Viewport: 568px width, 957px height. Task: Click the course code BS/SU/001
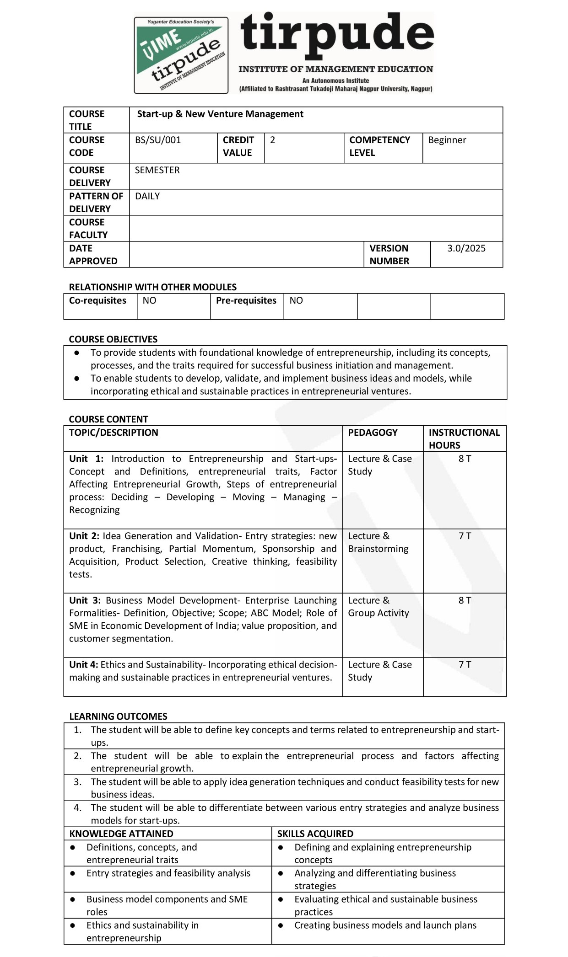coord(158,140)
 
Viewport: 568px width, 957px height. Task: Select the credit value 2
coord(273,140)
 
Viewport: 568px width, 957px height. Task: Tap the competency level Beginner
coord(447,140)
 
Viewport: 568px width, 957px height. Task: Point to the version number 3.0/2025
coord(466,248)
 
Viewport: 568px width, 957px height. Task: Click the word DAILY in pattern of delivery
coord(147,196)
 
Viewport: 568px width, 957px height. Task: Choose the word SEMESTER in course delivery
coord(157,170)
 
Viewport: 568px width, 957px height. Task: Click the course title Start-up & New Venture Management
coord(220,114)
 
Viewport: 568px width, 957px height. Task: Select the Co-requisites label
coord(97,300)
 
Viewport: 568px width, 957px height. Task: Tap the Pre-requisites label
coord(246,300)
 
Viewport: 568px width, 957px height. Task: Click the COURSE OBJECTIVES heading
coord(113,339)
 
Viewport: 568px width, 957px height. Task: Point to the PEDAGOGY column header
coord(373,433)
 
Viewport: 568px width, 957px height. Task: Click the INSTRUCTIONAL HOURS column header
coord(464,438)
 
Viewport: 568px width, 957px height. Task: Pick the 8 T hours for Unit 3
coord(465,600)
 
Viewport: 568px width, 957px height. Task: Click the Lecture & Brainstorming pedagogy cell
coord(378,542)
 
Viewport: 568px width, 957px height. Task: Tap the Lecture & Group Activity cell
coord(379,607)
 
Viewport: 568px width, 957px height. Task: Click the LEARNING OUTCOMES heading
coord(118,716)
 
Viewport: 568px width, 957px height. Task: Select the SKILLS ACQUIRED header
coord(315,834)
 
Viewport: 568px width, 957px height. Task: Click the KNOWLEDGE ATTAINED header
coord(121,834)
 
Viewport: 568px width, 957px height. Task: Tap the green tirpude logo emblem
coord(181,55)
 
